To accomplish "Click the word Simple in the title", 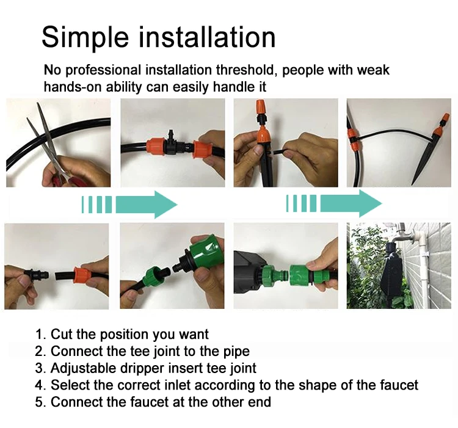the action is click(85, 38).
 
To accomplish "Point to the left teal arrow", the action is click(129, 205).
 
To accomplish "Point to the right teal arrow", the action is click(334, 203).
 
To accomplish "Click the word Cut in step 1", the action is click(62, 335).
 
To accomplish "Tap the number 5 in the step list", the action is click(39, 402).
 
